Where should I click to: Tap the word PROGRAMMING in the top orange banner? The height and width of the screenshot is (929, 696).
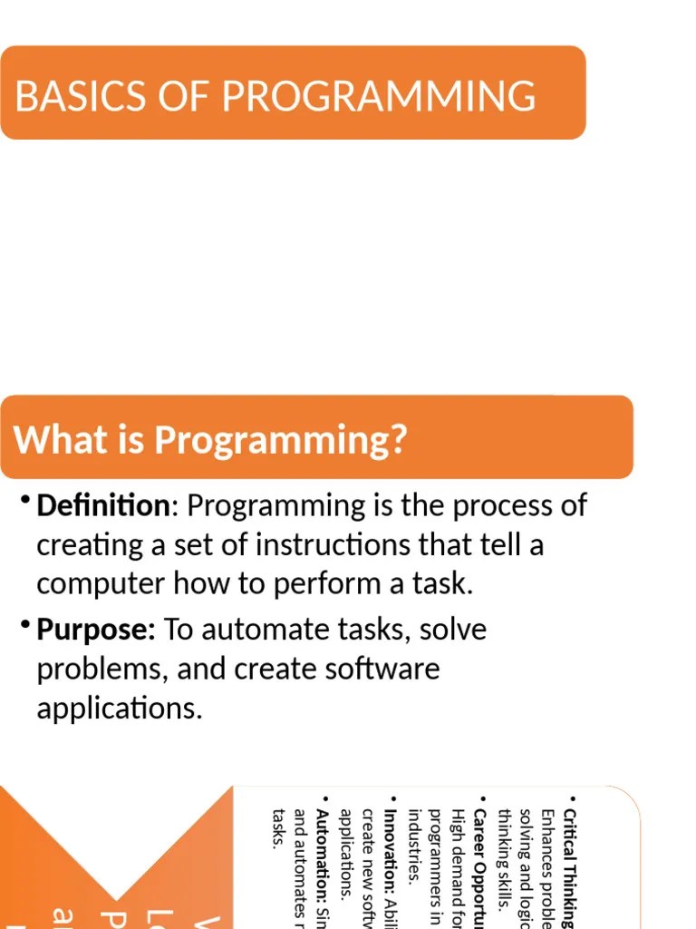click(x=378, y=96)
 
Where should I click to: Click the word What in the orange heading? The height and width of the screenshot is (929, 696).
click(x=53, y=441)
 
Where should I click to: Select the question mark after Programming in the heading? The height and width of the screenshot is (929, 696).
click(x=397, y=441)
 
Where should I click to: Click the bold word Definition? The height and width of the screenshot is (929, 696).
click(x=102, y=505)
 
